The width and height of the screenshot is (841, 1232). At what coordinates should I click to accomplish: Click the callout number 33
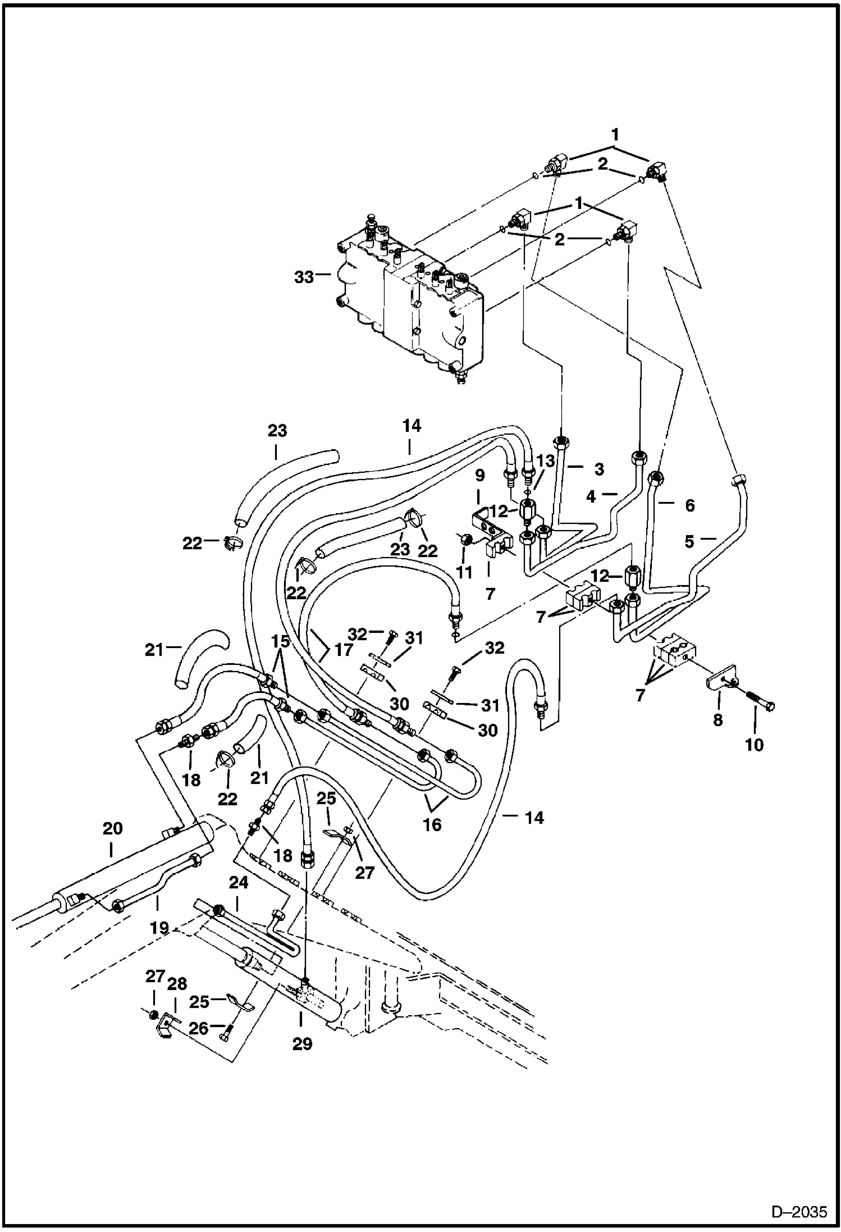tap(304, 277)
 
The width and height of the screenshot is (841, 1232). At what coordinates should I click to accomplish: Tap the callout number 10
tap(755, 745)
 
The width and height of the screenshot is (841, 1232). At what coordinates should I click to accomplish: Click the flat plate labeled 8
tap(720, 684)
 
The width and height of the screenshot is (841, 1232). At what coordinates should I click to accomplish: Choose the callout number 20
tap(112, 828)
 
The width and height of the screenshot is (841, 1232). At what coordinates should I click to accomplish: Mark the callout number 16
tap(432, 824)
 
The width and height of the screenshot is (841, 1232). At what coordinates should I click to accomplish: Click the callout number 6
tap(689, 505)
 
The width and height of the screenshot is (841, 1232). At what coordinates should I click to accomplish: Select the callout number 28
tap(177, 984)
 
